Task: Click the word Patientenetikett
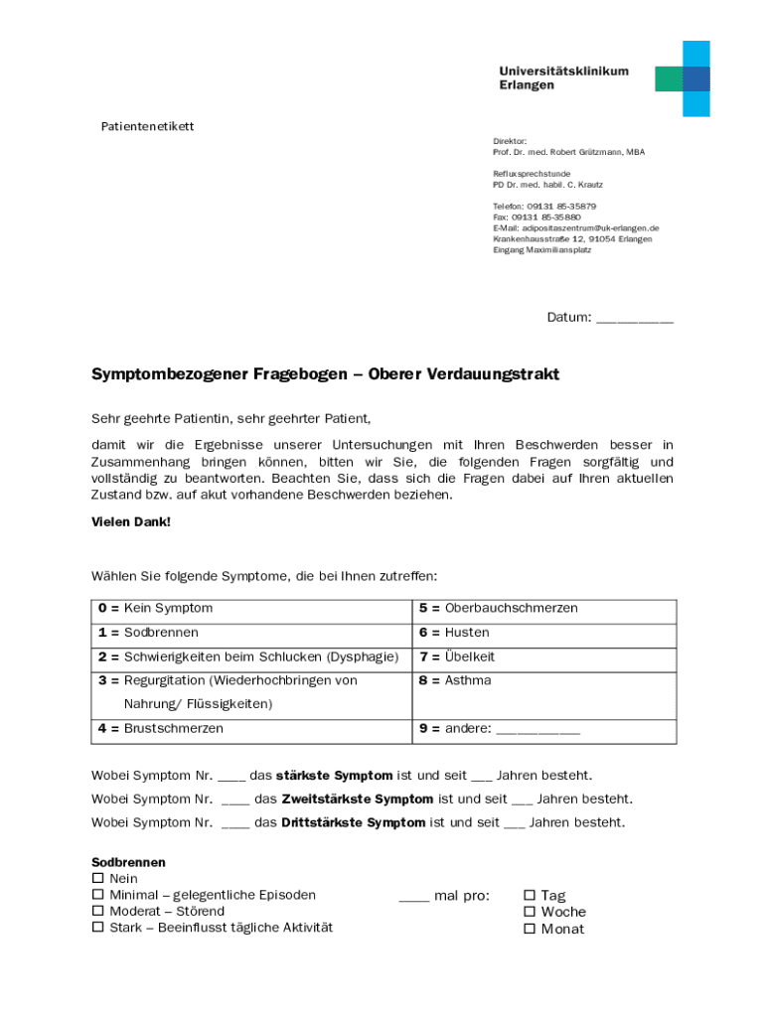coord(148,126)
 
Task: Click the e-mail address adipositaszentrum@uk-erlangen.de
coord(582,227)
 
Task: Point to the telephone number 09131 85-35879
coord(561,206)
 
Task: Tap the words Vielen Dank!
coord(131,520)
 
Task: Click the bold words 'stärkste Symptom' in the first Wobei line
coord(334,775)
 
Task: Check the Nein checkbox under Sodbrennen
coord(97,879)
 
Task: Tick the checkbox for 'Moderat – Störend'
coord(97,911)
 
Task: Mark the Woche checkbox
coord(530,912)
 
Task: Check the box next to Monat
coord(530,929)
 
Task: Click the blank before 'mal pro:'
coord(413,897)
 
